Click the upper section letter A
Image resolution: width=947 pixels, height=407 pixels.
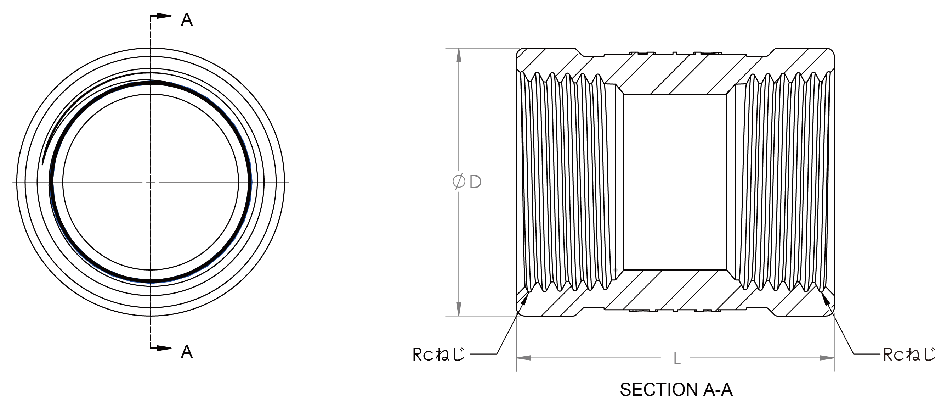(x=187, y=19)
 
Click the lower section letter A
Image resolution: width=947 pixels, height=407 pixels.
(x=187, y=352)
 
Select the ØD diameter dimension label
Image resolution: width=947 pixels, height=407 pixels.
(x=467, y=182)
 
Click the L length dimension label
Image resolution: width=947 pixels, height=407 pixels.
(x=677, y=359)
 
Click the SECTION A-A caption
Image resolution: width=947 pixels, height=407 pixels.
(x=676, y=390)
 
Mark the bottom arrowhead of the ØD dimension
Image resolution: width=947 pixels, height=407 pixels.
(x=459, y=309)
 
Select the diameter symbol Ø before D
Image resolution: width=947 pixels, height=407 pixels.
(x=459, y=182)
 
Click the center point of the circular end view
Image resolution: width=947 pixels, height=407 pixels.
(x=151, y=182)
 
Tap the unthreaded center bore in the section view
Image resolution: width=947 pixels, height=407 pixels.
(x=675, y=182)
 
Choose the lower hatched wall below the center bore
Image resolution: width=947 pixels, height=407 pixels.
(x=675, y=290)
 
